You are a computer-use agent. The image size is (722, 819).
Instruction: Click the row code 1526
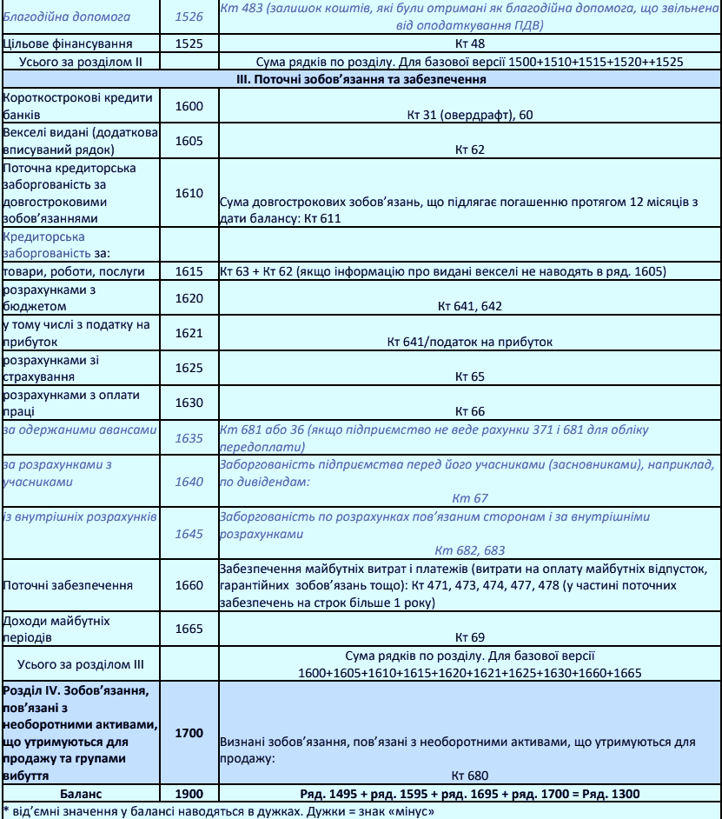click(189, 16)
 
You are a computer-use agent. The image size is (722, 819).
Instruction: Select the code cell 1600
click(189, 105)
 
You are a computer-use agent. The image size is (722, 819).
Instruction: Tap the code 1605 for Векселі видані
click(189, 140)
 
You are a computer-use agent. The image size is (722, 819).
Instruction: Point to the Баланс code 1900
click(189, 792)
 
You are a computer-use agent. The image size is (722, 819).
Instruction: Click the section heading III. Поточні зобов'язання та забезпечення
click(469, 79)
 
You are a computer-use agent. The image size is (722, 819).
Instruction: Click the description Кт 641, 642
click(469, 307)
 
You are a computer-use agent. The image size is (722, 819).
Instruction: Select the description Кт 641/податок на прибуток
click(469, 342)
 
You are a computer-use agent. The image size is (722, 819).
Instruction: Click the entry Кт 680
click(469, 776)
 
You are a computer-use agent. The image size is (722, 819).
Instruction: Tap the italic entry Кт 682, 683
click(469, 550)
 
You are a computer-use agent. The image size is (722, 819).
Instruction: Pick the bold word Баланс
click(81, 792)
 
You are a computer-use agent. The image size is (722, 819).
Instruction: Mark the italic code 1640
click(189, 481)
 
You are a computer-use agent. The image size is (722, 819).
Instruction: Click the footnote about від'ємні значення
click(216, 811)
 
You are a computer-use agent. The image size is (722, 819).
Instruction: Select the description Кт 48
click(469, 43)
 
